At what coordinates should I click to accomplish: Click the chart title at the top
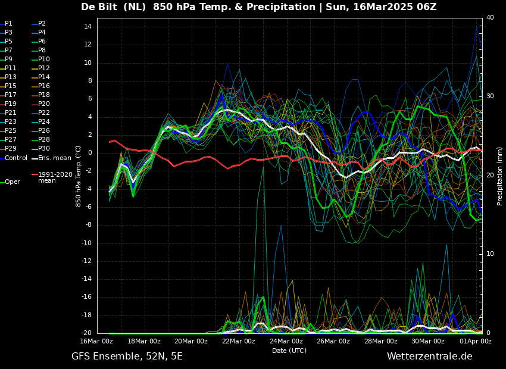[258, 7]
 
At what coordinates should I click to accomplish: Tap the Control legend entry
[16, 158]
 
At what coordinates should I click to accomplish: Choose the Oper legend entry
[13, 182]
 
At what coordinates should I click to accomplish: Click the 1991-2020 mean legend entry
[55, 177]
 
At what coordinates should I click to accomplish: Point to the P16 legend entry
[44, 86]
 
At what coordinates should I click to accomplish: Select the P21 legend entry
[11, 113]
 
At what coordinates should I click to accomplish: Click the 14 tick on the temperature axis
[87, 27]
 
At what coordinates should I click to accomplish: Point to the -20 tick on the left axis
[86, 333]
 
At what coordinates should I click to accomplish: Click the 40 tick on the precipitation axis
[490, 18]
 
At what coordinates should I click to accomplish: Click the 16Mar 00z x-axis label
[96, 342]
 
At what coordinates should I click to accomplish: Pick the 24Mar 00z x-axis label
[286, 342]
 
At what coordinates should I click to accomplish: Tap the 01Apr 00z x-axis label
[475, 342]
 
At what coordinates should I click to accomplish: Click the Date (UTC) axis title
[289, 351]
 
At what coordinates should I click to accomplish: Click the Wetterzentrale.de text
[429, 357]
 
